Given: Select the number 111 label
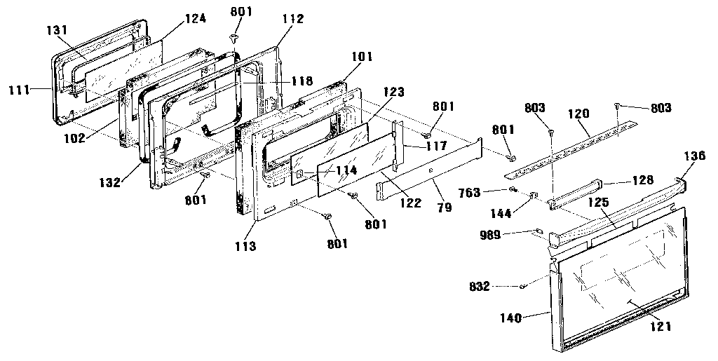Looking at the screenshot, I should (x=18, y=90).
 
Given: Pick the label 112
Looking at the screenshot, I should (x=293, y=19).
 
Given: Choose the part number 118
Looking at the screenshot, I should (x=303, y=81).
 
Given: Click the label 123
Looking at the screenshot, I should (x=394, y=93).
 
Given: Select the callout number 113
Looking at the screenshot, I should (x=245, y=246).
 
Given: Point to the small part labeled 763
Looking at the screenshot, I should (x=514, y=189).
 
